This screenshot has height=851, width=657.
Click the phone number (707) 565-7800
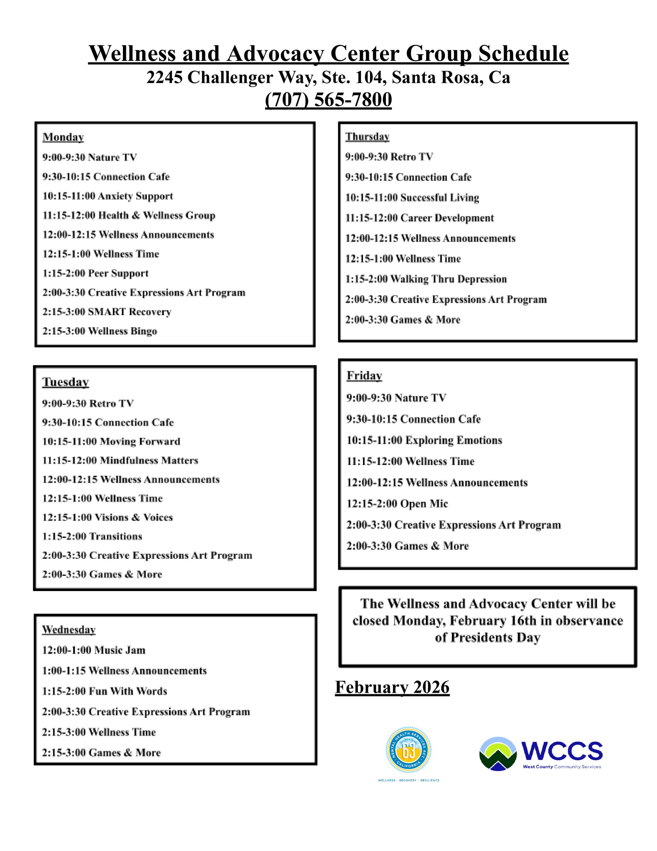[x=328, y=100]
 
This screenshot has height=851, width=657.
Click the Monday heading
[x=63, y=137]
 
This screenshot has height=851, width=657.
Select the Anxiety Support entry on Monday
[x=108, y=196]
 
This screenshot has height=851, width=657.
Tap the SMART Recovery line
[x=107, y=312]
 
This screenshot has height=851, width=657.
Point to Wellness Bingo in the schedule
[x=100, y=331]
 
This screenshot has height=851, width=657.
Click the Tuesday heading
[x=65, y=382]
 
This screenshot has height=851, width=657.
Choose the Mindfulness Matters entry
[x=120, y=460]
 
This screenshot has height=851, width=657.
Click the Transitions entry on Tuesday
[x=92, y=537]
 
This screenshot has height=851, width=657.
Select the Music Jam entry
[x=93, y=650]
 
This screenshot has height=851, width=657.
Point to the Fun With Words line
[x=104, y=691]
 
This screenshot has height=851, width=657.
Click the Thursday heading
[x=367, y=137]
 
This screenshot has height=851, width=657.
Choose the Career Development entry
[x=420, y=218]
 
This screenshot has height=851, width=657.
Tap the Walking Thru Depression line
[x=426, y=279]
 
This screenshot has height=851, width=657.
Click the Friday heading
[x=364, y=376]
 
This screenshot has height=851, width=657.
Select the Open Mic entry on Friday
[x=397, y=504]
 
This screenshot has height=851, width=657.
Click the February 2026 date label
[x=392, y=687]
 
